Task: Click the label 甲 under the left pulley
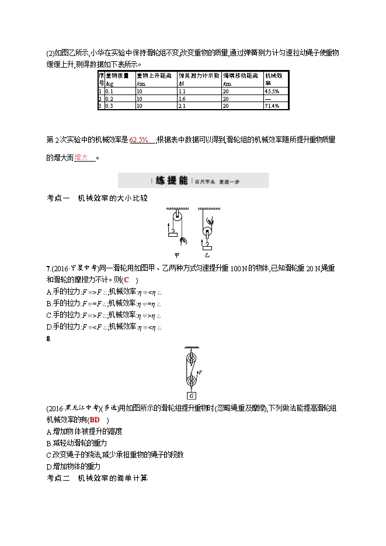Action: (x=178, y=255)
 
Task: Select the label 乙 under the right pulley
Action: (x=207, y=255)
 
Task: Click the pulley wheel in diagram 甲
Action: (x=178, y=218)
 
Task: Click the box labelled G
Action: (x=192, y=394)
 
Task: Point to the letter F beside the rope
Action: (x=201, y=371)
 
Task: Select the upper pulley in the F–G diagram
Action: (x=192, y=356)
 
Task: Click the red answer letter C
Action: (x=126, y=279)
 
